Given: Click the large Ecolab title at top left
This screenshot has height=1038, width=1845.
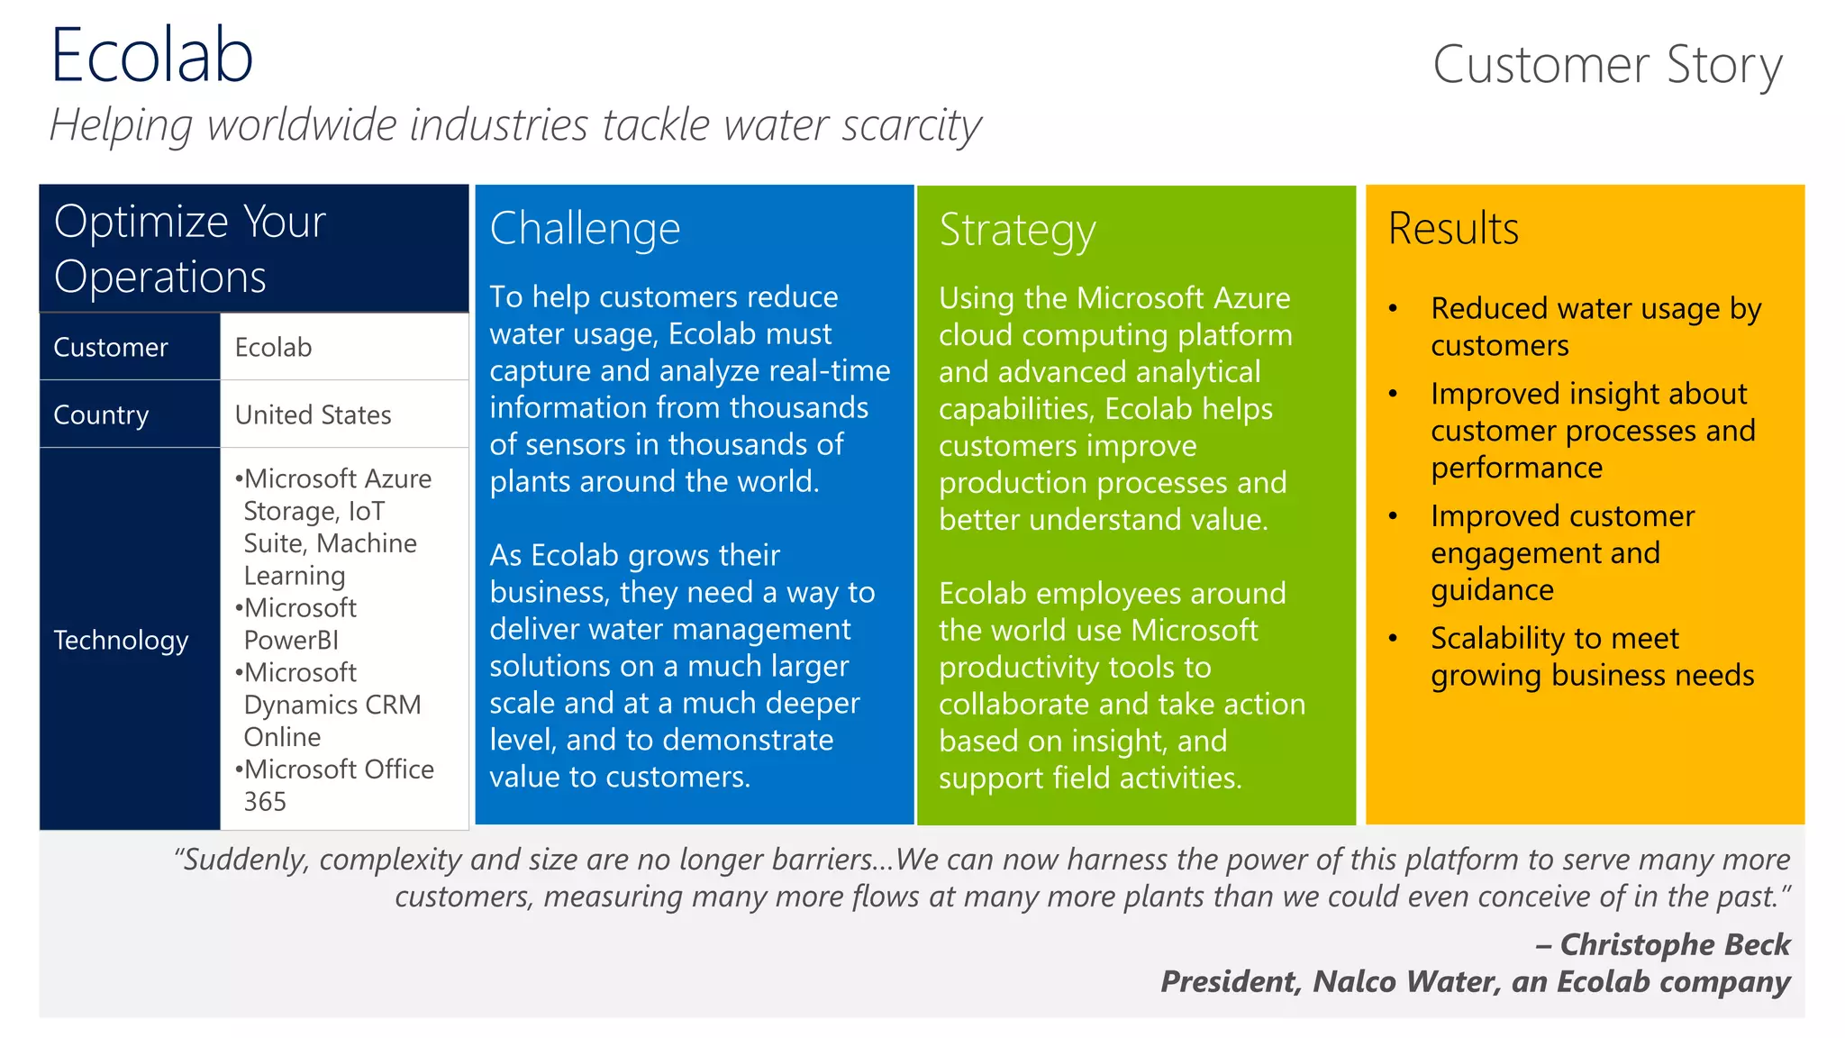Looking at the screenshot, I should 151,56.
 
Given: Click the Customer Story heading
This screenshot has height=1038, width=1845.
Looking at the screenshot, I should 1606,65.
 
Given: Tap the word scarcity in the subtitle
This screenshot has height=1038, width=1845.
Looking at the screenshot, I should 911,124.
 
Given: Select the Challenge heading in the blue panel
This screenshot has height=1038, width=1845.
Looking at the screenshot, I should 585,228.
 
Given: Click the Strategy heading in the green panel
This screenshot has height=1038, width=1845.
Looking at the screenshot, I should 1017,230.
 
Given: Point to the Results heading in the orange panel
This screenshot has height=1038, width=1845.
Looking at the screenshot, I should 1453,228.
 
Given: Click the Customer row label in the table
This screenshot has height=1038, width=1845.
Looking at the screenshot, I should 111,347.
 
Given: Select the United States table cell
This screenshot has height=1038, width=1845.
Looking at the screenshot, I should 313,414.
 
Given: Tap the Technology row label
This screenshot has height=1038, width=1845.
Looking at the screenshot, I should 121,640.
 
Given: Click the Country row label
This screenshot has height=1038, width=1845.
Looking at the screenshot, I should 101,414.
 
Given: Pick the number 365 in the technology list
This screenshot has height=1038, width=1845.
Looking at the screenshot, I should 265,801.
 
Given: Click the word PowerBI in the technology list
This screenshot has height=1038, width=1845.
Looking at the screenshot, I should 291,640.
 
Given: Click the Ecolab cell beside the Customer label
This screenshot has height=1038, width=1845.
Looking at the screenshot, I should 273,347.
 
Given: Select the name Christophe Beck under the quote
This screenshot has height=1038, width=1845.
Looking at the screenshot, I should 1674,943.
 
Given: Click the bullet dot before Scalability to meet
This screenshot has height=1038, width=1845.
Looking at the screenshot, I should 1393,638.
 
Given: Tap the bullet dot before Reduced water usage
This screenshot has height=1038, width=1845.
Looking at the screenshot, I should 1393,308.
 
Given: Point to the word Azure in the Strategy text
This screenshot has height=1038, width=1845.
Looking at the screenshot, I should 1251,297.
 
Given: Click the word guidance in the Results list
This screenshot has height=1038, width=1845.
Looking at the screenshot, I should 1492,590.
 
